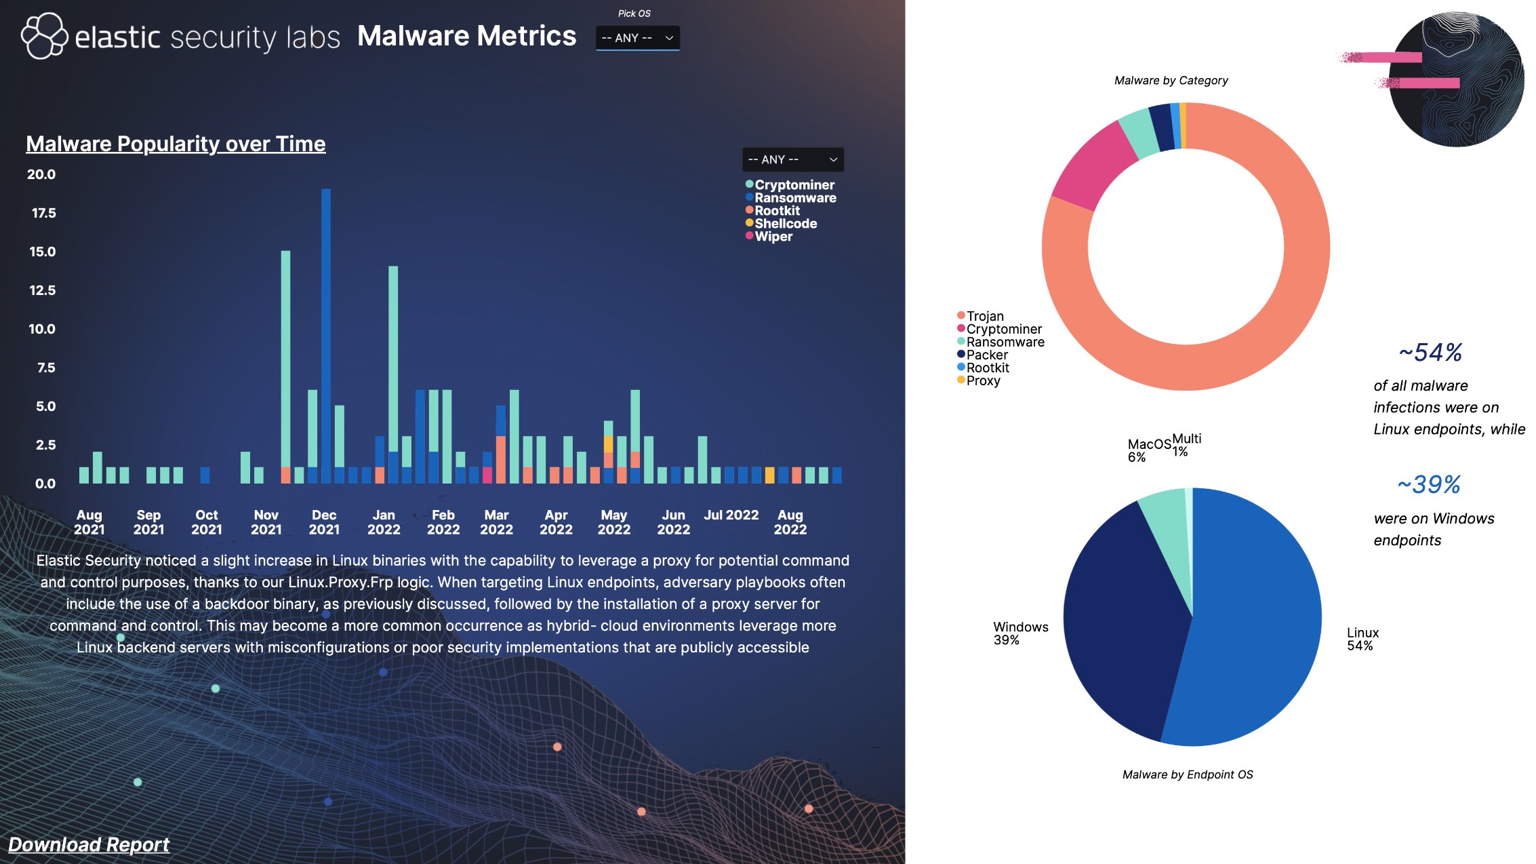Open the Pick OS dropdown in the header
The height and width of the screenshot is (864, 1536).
pos(637,38)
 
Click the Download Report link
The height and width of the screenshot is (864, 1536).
pos(89,844)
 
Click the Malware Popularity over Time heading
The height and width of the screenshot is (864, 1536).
pos(176,144)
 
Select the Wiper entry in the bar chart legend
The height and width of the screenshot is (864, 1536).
pos(773,237)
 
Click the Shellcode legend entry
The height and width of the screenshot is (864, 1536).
pos(785,224)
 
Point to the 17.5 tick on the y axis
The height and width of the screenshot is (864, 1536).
pos(43,213)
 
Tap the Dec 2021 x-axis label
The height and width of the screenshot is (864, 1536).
pos(324,522)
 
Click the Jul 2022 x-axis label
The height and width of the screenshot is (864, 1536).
pos(731,515)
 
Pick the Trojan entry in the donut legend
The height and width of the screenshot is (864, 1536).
pos(984,316)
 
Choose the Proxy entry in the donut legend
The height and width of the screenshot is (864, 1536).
pos(982,380)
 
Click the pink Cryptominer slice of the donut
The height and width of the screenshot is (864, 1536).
pos(1091,166)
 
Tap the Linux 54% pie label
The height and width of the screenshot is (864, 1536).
pos(1362,639)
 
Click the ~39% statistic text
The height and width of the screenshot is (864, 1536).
pos(1428,484)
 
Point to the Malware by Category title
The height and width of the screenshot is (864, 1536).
pos(1171,81)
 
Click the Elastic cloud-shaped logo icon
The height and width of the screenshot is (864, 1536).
pos(44,36)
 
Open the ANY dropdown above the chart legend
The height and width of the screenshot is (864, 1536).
pos(792,159)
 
